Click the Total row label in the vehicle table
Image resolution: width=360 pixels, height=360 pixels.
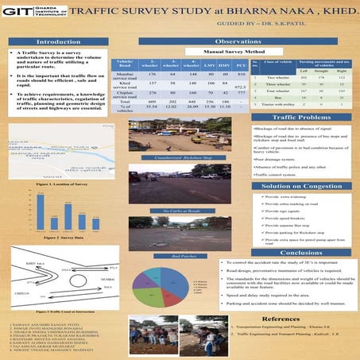click(124, 102)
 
